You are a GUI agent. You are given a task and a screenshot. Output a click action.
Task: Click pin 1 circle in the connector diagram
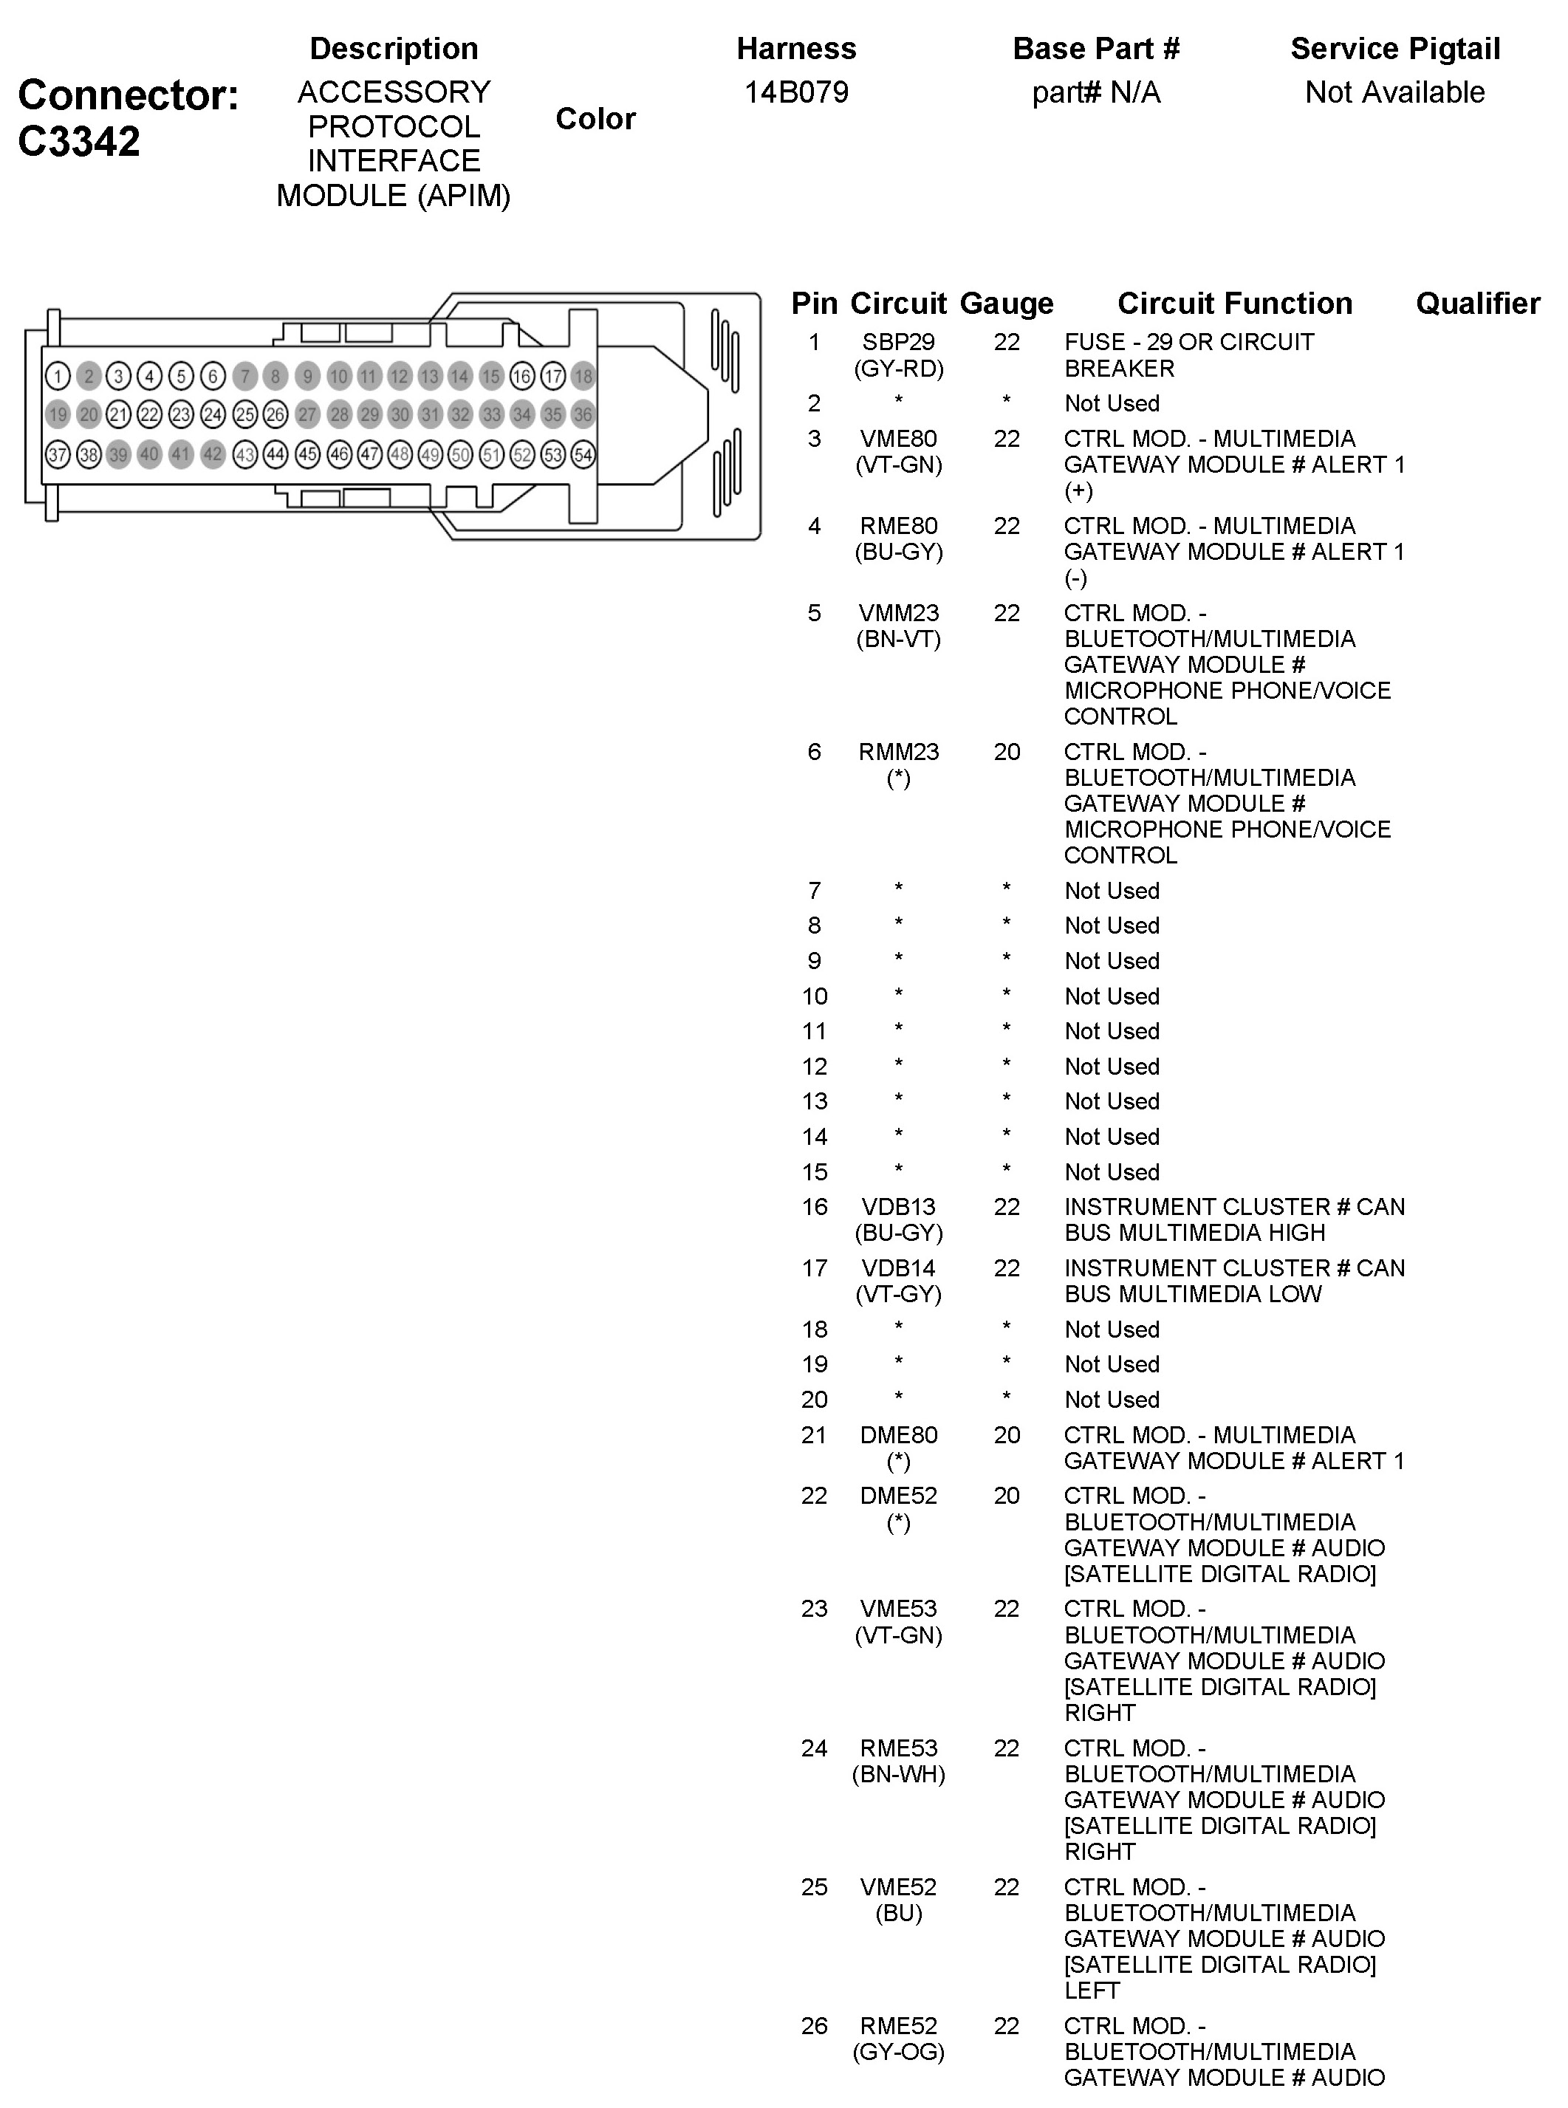click(58, 376)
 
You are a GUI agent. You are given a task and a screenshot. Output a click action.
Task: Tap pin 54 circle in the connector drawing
click(583, 455)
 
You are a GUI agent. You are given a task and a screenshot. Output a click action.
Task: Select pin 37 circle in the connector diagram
click(58, 455)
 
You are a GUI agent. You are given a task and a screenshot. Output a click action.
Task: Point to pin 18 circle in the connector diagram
click(583, 376)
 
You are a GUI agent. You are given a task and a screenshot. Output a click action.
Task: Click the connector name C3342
click(79, 141)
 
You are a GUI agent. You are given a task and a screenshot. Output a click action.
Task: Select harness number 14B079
click(795, 92)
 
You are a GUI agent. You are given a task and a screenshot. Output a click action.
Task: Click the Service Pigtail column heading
click(1394, 49)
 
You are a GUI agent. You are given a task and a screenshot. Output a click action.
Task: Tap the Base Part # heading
click(1095, 49)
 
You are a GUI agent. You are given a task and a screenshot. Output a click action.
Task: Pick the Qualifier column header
click(1477, 303)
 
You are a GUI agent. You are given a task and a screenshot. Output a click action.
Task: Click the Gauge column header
click(1006, 303)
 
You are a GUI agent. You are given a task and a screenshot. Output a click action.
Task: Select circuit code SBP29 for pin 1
click(898, 342)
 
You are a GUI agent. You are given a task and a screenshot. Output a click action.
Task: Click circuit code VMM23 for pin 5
click(898, 613)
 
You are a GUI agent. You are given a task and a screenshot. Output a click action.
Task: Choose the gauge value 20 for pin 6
click(1006, 752)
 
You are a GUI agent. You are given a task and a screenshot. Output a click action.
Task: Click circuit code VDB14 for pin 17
click(898, 1268)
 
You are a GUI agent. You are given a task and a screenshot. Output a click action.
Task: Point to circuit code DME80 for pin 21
click(898, 1435)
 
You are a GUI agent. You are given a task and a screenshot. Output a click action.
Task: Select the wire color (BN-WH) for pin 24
click(898, 1774)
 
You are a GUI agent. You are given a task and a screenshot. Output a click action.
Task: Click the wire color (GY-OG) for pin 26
click(898, 2052)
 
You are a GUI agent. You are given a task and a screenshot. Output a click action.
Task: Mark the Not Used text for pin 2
click(1112, 403)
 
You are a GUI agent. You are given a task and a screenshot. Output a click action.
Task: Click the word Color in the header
click(595, 119)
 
